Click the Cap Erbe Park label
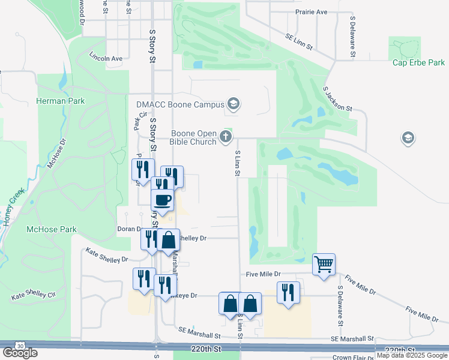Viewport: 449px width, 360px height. coord(418,62)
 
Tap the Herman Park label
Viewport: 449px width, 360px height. coord(61,101)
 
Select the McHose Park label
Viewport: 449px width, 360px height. coord(52,229)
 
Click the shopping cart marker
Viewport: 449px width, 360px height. coord(324,264)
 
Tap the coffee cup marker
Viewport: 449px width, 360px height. coord(162,200)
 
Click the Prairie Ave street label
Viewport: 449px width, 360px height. coord(311,11)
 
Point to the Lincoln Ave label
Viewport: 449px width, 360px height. coord(106,59)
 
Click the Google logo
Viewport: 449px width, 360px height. coord(20,353)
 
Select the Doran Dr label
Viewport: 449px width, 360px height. coord(129,229)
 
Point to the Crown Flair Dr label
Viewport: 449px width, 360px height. coord(354,357)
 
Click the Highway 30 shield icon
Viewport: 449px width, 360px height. coord(21,346)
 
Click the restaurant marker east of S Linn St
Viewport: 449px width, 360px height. coord(288,293)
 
